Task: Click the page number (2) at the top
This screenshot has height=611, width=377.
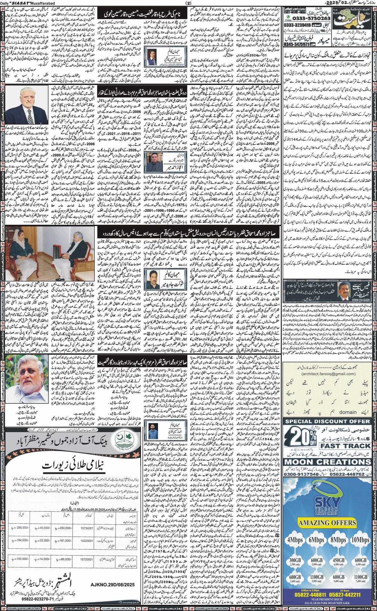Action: (x=188, y=3)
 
